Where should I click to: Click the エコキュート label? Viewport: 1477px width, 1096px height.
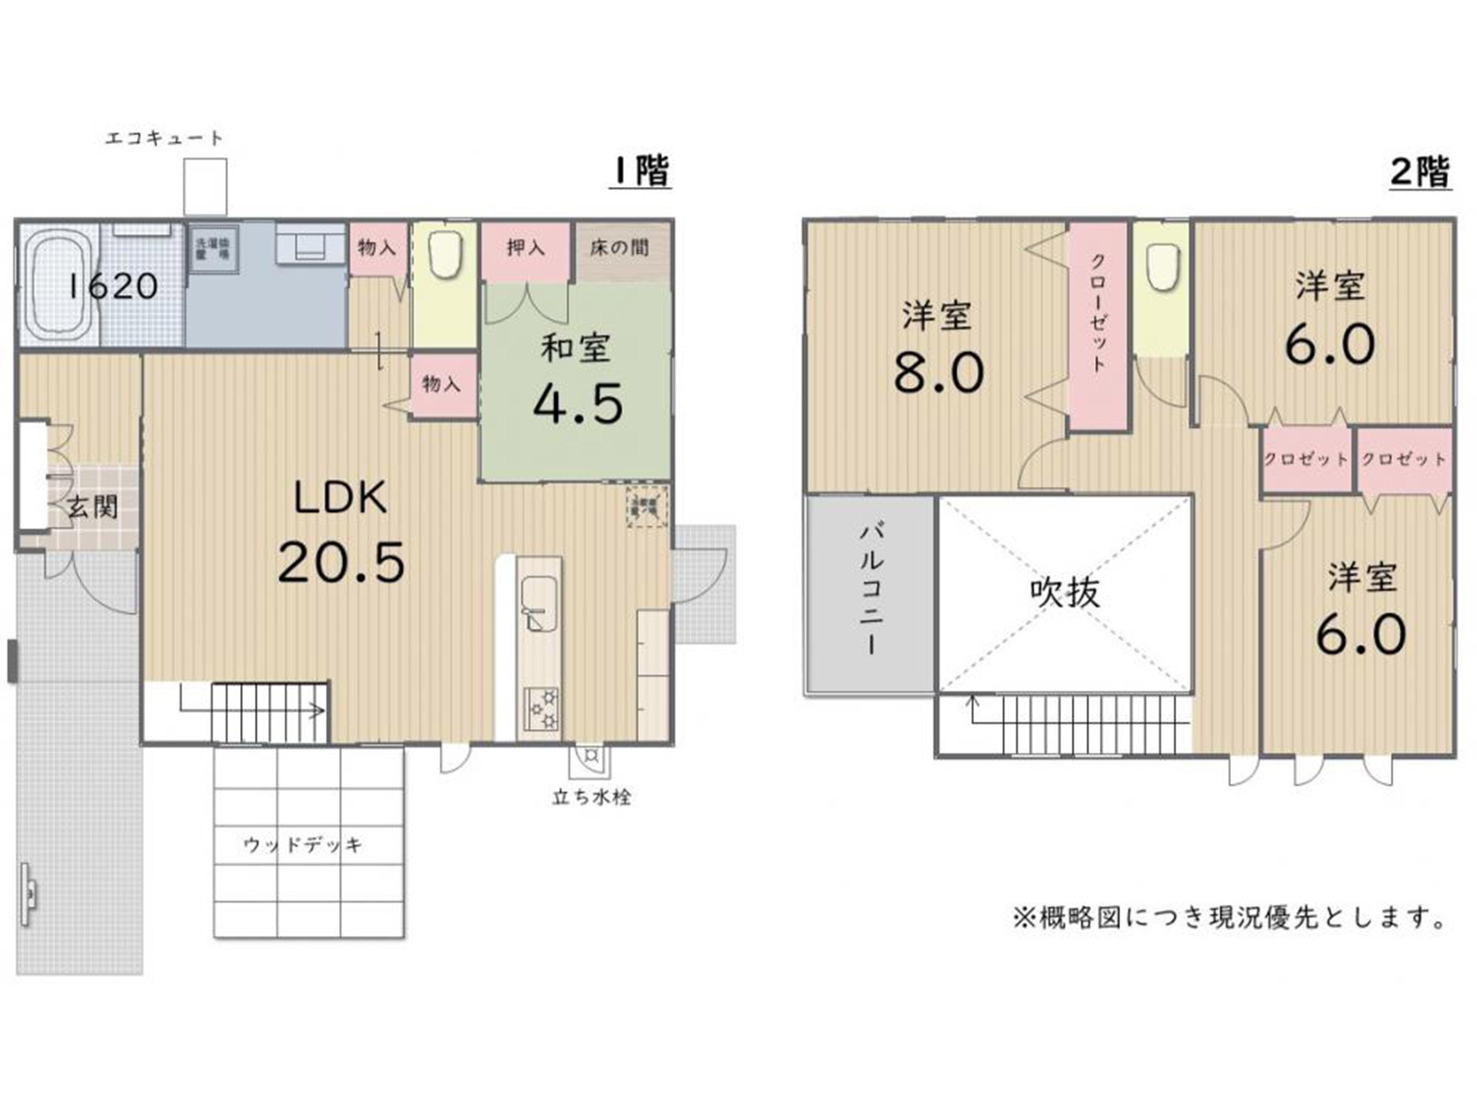(x=164, y=139)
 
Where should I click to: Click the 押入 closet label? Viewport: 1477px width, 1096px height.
(x=525, y=248)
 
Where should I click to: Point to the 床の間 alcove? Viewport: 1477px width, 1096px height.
(x=620, y=248)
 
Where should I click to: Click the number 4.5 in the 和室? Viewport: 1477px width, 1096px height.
(x=578, y=403)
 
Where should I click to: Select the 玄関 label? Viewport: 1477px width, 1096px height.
(x=93, y=508)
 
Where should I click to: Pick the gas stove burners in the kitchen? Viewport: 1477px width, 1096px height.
(x=541, y=709)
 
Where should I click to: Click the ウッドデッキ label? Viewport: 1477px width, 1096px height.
(x=303, y=844)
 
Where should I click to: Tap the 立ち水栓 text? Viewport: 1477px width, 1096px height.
(x=591, y=797)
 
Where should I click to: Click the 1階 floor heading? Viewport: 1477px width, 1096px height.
(x=640, y=172)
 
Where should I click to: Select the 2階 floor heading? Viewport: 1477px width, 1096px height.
(x=1420, y=173)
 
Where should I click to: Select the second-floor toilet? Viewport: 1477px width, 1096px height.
(x=1161, y=265)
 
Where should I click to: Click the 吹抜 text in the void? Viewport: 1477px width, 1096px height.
(x=1064, y=592)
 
